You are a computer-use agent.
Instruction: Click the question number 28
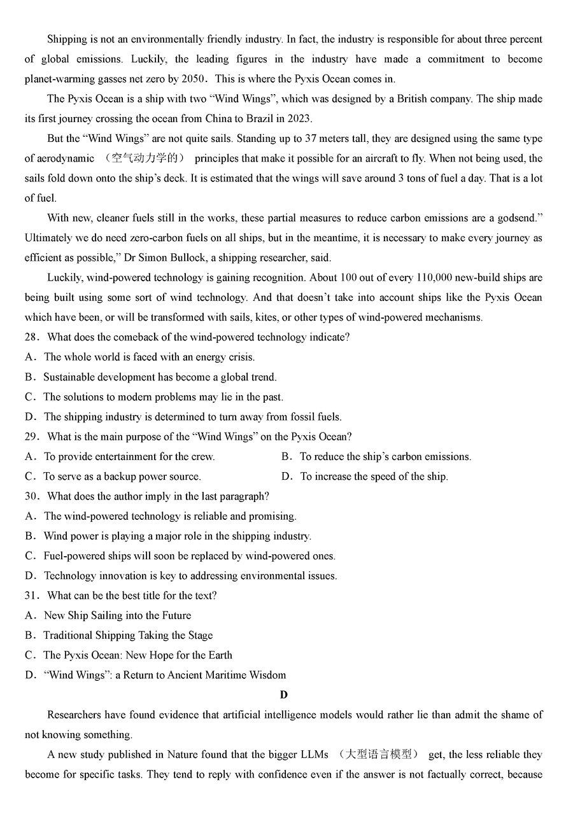coord(32,337)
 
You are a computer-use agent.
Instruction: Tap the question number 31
coord(32,596)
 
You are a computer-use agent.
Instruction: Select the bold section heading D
coord(283,695)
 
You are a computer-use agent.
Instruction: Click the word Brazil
coord(262,118)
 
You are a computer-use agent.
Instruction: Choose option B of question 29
coord(385,456)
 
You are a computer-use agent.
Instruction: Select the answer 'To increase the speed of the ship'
coord(374,477)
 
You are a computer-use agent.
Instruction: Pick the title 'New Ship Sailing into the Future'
coord(117,615)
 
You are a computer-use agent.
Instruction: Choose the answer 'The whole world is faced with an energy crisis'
coord(149,357)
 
